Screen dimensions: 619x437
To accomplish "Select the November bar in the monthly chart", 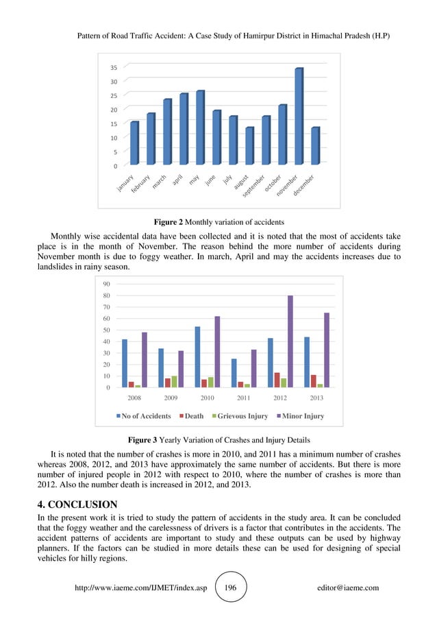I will [x=298, y=117].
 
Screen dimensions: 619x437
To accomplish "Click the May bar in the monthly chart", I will [x=199, y=128].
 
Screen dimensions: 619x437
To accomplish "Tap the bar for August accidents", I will [x=249, y=146].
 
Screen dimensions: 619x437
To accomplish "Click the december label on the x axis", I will [x=305, y=184].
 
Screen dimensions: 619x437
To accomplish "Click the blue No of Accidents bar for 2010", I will [x=197, y=356].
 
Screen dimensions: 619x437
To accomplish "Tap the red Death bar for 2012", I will [x=277, y=380].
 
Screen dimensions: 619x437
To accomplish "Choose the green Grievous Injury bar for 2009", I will [x=174, y=382].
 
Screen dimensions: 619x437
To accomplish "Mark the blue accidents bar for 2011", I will [x=234, y=373].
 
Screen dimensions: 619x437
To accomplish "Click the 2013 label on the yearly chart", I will [x=316, y=398].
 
